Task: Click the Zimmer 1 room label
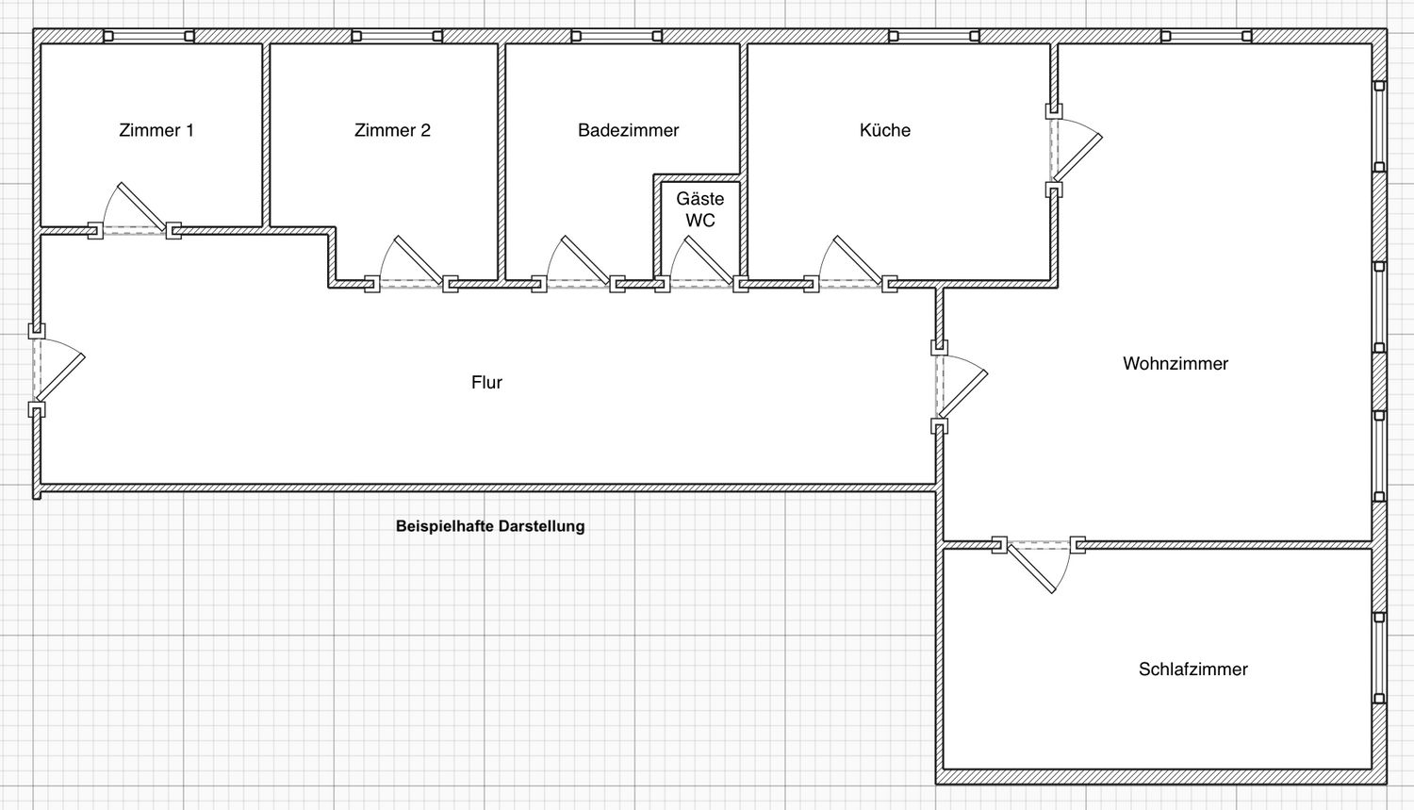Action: point(156,130)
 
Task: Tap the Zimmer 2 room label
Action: point(392,130)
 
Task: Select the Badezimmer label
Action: point(628,130)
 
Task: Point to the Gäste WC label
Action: point(700,209)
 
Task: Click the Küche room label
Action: point(885,130)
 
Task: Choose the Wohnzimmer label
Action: point(1176,364)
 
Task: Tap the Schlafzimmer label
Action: point(1193,669)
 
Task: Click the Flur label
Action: point(486,383)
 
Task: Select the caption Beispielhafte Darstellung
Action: point(490,526)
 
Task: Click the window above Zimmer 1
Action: point(149,36)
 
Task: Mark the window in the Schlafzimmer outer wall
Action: point(1379,657)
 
